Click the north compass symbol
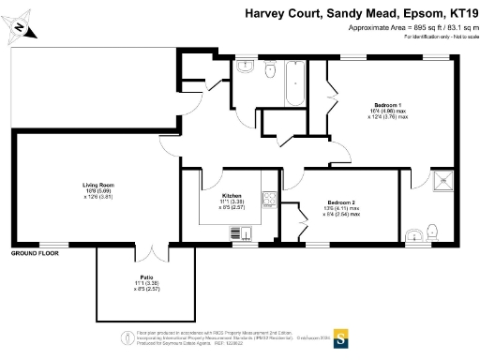(x=20, y=28)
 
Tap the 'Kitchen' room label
(x=232, y=195)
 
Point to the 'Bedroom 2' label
(x=340, y=202)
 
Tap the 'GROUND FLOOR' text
(x=35, y=253)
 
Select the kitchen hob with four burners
(x=269, y=199)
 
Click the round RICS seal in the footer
(x=125, y=338)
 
